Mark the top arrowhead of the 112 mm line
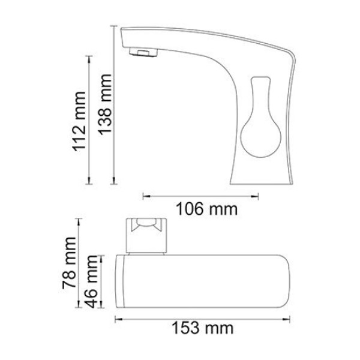90,58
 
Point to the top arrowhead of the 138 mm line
114,28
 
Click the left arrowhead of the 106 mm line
144,194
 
